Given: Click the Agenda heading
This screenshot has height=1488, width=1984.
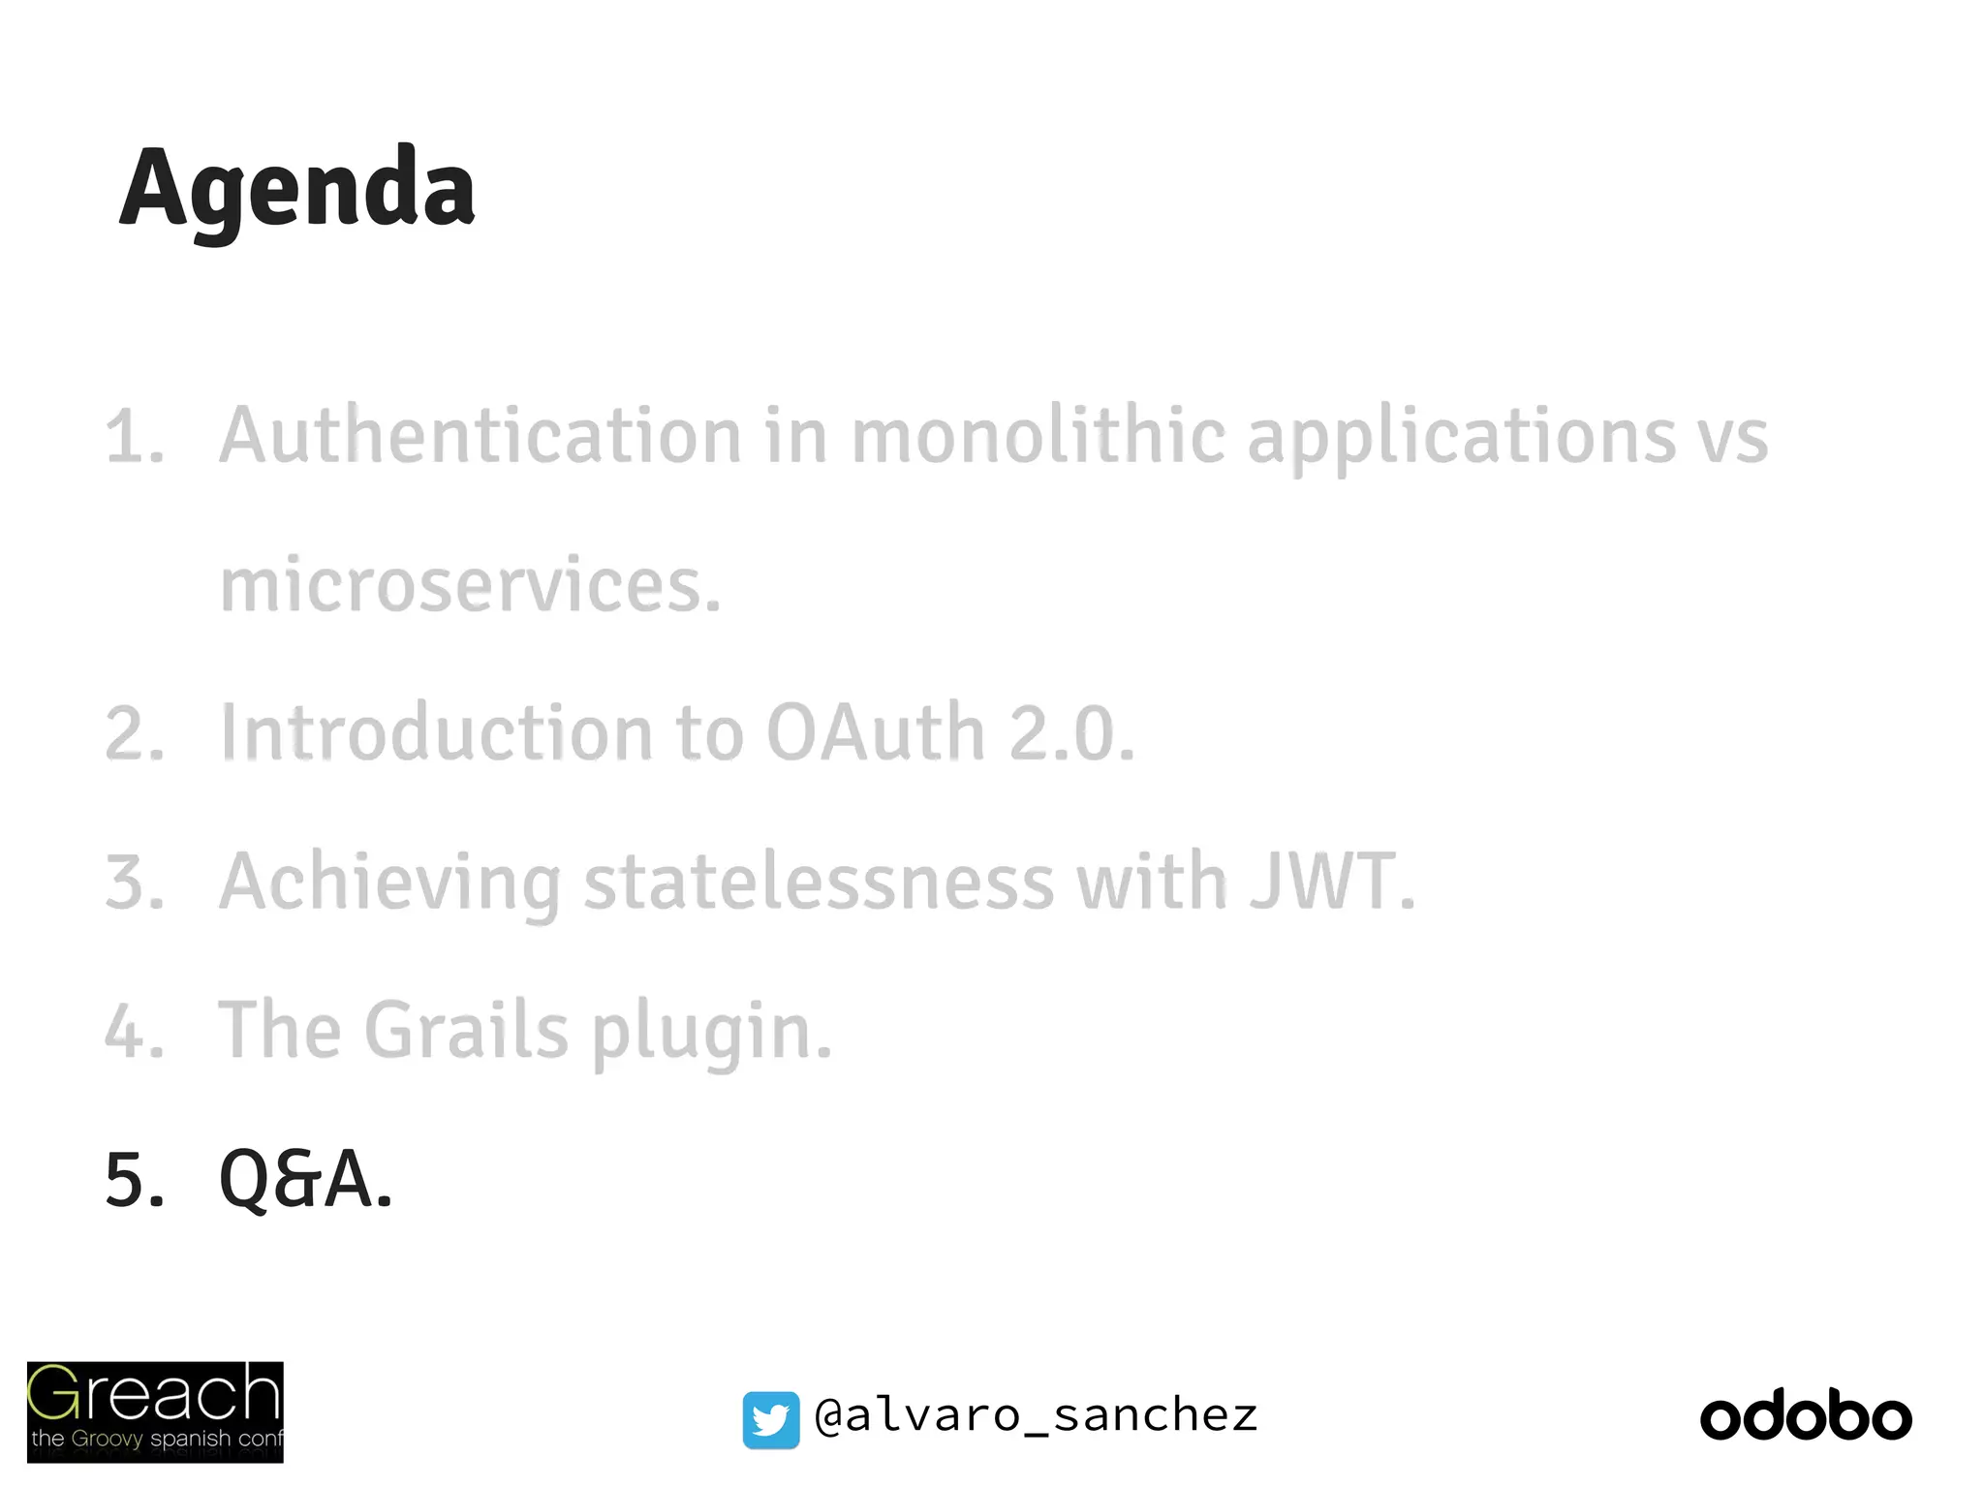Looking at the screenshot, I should (296, 189).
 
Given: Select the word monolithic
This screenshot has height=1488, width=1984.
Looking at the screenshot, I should (1037, 436).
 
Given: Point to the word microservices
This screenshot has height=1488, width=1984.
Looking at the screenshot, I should (470, 586).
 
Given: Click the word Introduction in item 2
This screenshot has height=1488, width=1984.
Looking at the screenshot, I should (436, 733).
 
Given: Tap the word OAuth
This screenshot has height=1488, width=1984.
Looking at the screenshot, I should (875, 733).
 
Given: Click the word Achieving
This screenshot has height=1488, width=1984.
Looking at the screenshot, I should (389, 883).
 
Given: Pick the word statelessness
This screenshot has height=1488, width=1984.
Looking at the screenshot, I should (819, 882).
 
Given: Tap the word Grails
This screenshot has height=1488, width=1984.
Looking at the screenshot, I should (466, 1030).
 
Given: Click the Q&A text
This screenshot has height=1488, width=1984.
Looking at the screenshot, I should (305, 1180).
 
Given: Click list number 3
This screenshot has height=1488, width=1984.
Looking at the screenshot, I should (134, 883).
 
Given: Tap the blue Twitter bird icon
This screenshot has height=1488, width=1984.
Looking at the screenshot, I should (771, 1420).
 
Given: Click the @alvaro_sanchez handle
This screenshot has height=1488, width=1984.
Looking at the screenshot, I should (1036, 1416).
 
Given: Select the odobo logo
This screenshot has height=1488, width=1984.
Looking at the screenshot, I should (1806, 1417).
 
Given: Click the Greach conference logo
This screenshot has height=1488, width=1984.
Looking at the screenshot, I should (155, 1411).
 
